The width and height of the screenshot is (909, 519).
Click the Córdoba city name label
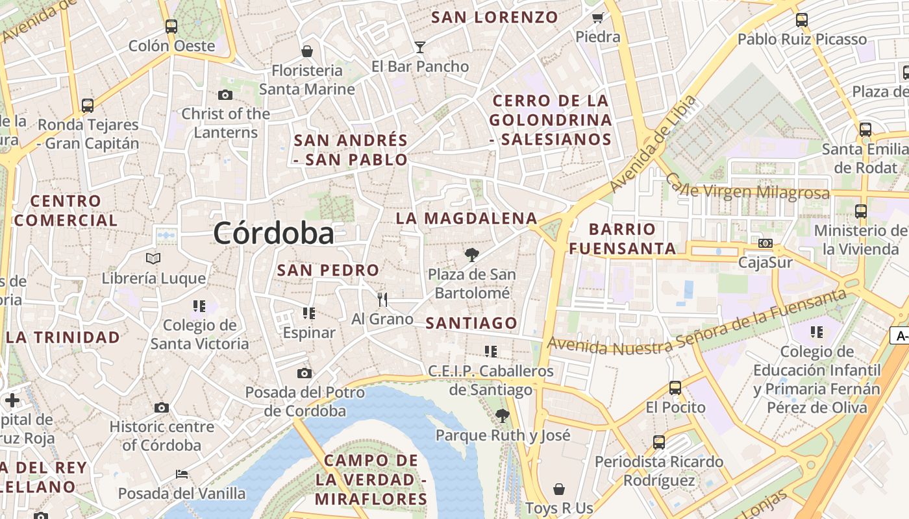(273, 234)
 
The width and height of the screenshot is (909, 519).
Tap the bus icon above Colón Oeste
(171, 26)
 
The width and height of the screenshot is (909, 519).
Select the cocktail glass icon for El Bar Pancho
(420, 47)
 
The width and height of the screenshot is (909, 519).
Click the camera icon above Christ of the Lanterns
(225, 95)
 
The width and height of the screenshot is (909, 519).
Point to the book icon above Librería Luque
(153, 259)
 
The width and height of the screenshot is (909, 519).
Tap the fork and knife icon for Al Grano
(382, 299)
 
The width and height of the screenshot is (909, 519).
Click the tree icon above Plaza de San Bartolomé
(472, 254)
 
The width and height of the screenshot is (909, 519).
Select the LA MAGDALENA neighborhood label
(466, 219)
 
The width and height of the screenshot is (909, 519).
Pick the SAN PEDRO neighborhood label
(328, 270)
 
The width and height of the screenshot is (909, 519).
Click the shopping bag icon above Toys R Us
(559, 489)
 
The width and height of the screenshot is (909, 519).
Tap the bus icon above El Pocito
(675, 388)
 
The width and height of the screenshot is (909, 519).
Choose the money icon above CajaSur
(766, 243)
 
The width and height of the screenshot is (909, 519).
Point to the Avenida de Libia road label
(654, 144)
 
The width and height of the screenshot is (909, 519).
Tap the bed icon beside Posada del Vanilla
(182, 474)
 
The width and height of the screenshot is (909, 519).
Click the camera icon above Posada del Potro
(305, 373)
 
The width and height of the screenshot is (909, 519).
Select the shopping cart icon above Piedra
(597, 18)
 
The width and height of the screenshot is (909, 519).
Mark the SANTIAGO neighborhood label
(471, 323)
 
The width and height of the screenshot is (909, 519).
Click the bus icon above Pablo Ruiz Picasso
(802, 20)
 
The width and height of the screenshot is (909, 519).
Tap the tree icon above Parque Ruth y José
(502, 416)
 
